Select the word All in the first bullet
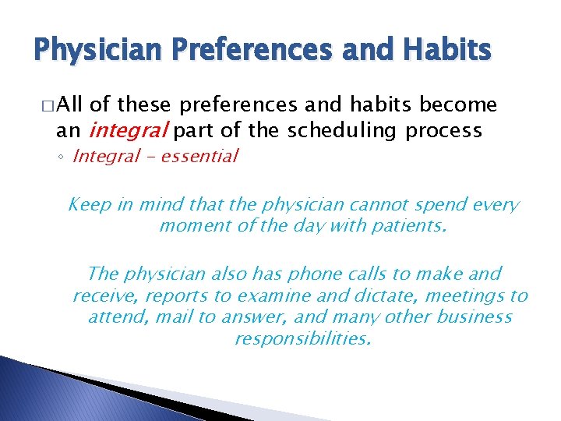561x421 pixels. pos(71,105)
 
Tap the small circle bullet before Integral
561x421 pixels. pos(63,157)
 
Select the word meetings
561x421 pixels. pos(457,296)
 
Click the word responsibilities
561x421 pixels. pos(302,339)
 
